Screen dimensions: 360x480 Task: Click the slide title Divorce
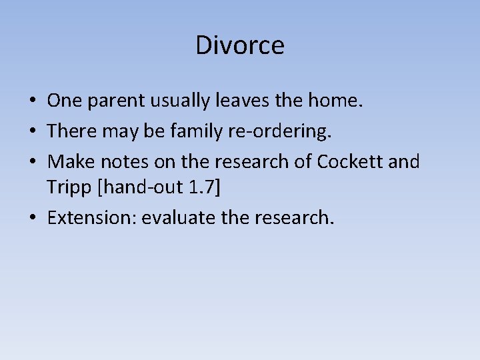240,45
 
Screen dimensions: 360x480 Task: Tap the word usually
181,101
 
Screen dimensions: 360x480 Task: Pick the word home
339,101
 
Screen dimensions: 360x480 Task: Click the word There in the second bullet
68,131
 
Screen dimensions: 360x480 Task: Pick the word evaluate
169,218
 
